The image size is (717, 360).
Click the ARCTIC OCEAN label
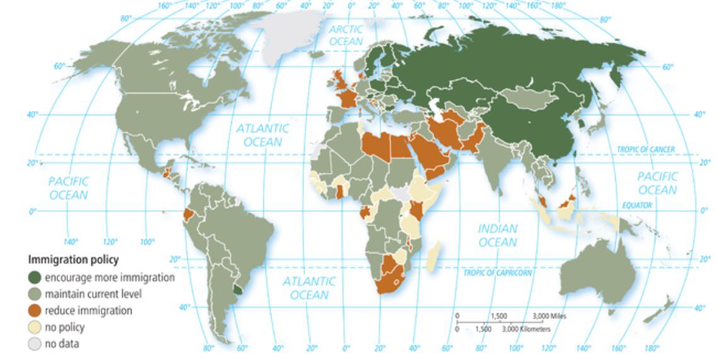point(346,35)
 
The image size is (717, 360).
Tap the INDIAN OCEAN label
point(498,235)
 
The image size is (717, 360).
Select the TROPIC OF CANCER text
point(645,149)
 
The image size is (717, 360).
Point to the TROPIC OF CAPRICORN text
point(497,273)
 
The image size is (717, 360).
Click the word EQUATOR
point(636,206)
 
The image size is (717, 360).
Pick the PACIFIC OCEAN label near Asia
point(657,183)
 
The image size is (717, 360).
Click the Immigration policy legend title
point(73,260)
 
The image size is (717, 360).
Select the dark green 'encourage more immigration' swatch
point(35,277)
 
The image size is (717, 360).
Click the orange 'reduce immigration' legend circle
point(35,311)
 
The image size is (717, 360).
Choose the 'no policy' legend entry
point(64,327)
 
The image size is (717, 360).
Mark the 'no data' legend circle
point(35,344)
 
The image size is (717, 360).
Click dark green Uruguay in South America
point(237,289)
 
